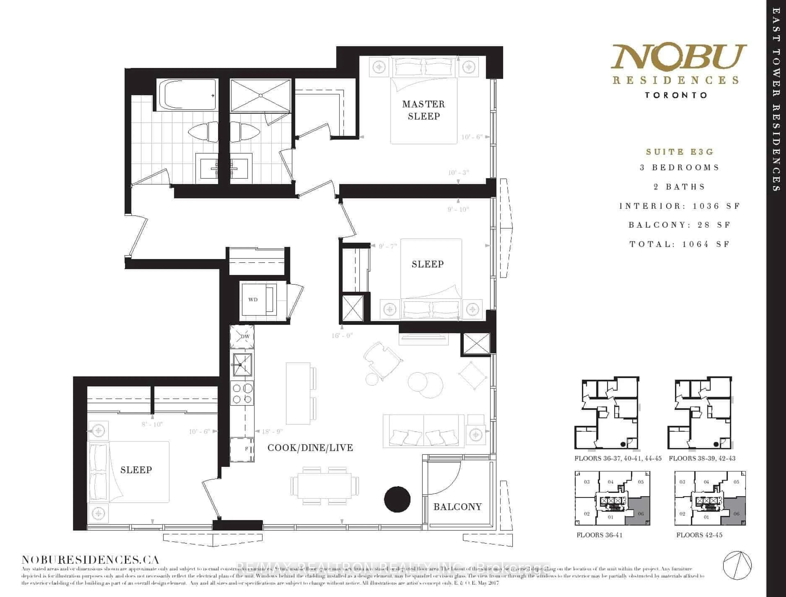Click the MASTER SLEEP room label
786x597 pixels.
coord(423,110)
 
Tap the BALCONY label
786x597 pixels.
coord(457,507)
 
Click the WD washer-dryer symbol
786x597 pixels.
coord(253,300)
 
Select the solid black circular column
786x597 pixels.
coord(398,499)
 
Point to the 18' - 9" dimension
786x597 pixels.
coord(272,431)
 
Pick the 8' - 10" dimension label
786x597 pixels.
coord(152,424)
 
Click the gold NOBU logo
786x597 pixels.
coord(678,57)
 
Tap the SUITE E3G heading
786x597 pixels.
coord(680,152)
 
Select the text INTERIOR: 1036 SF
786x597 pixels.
coord(680,206)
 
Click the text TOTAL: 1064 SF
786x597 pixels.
coord(680,244)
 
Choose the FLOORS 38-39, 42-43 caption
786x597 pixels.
coord(702,458)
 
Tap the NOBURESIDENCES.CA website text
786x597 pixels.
coord(90,560)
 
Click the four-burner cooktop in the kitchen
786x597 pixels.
coord(242,393)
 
